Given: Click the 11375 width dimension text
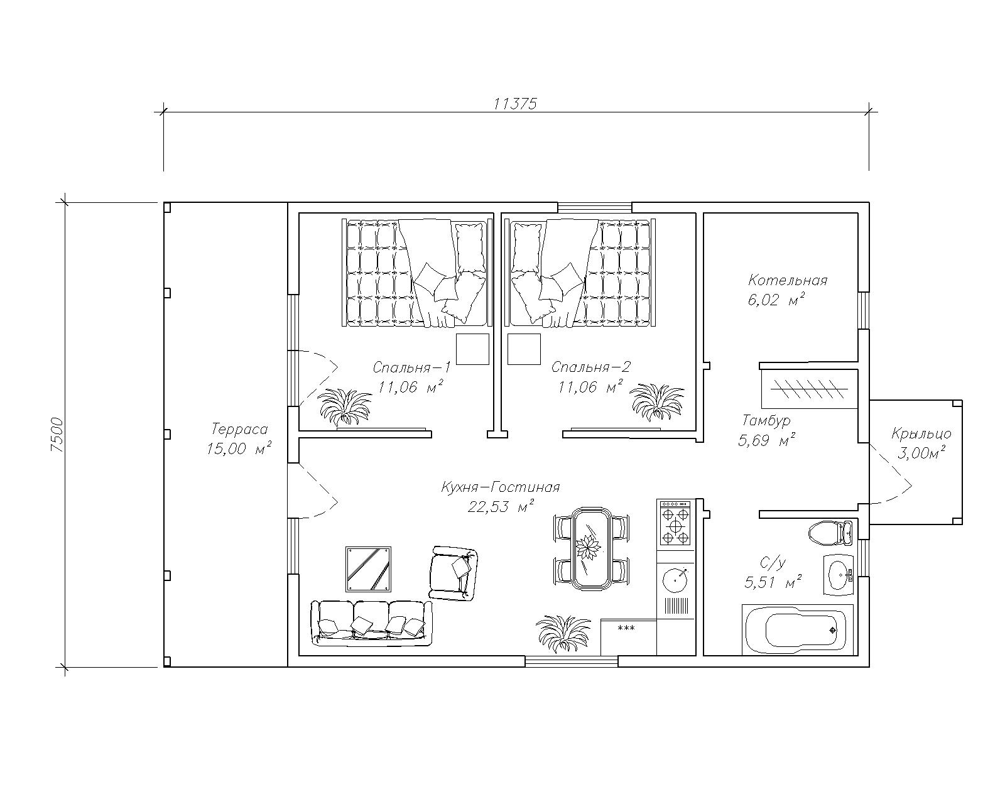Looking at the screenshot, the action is coord(515,104).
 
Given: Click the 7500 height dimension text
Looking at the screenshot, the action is coord(57,435).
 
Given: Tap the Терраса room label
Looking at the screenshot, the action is coord(239,429).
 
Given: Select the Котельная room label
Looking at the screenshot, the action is coord(788,280).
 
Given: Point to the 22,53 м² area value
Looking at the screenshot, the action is coord(501,506).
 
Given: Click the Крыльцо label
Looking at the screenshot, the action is coord(921,434).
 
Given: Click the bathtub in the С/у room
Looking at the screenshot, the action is coord(798,630).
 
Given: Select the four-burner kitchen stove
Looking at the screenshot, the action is coord(674,523).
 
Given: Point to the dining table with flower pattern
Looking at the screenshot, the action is coord(591,548).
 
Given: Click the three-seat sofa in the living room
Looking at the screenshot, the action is coord(372,623).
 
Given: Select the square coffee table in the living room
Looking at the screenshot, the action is coord(369,569).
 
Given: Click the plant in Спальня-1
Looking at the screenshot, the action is coord(345,408).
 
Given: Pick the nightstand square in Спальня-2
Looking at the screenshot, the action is coord(524,349).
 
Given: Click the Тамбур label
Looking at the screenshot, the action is coord(766,420).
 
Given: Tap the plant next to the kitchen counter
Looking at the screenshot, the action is coord(563,633).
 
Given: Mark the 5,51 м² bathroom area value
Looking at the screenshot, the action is coord(773,582).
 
